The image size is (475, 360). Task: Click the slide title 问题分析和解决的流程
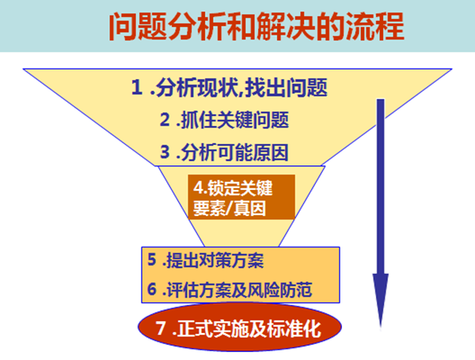256,26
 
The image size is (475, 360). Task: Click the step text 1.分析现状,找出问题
230,88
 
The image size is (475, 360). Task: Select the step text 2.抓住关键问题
224,120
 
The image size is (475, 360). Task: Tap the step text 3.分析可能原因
224,152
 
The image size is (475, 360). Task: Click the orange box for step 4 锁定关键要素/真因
241,197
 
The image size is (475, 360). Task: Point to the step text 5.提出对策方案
205,260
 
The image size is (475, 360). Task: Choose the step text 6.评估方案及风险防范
230,290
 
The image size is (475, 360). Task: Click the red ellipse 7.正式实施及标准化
240,328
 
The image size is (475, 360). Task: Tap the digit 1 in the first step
137,88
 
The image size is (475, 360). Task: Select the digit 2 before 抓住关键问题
165,119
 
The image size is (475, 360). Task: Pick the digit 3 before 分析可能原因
165,152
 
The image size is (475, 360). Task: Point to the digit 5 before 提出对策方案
152,260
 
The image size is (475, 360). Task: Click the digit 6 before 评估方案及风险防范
152,289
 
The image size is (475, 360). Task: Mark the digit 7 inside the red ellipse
161,328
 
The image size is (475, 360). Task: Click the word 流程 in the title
375,26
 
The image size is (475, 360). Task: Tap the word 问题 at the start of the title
138,26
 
